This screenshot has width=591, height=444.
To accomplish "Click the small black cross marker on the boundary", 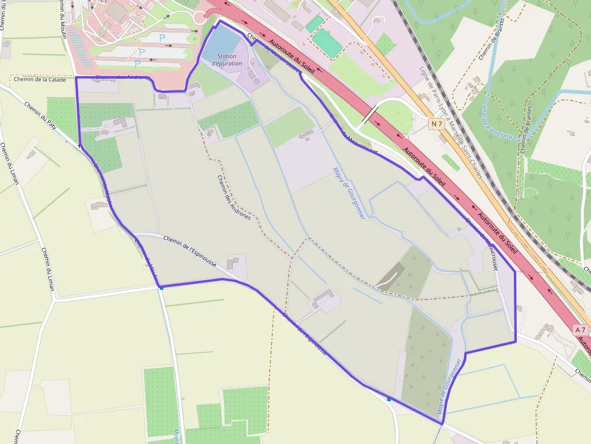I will point(79,146).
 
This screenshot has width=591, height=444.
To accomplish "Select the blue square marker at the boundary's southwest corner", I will point(161,288).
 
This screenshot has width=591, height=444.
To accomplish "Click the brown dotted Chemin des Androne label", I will point(233,196).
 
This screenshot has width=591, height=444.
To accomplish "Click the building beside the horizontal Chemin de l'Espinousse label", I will point(233,263).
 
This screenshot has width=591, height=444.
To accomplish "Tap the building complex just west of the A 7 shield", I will point(548,332).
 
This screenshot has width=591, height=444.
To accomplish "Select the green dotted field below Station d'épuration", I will point(230,119).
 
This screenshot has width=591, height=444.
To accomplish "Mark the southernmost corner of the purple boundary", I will point(442,424).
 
